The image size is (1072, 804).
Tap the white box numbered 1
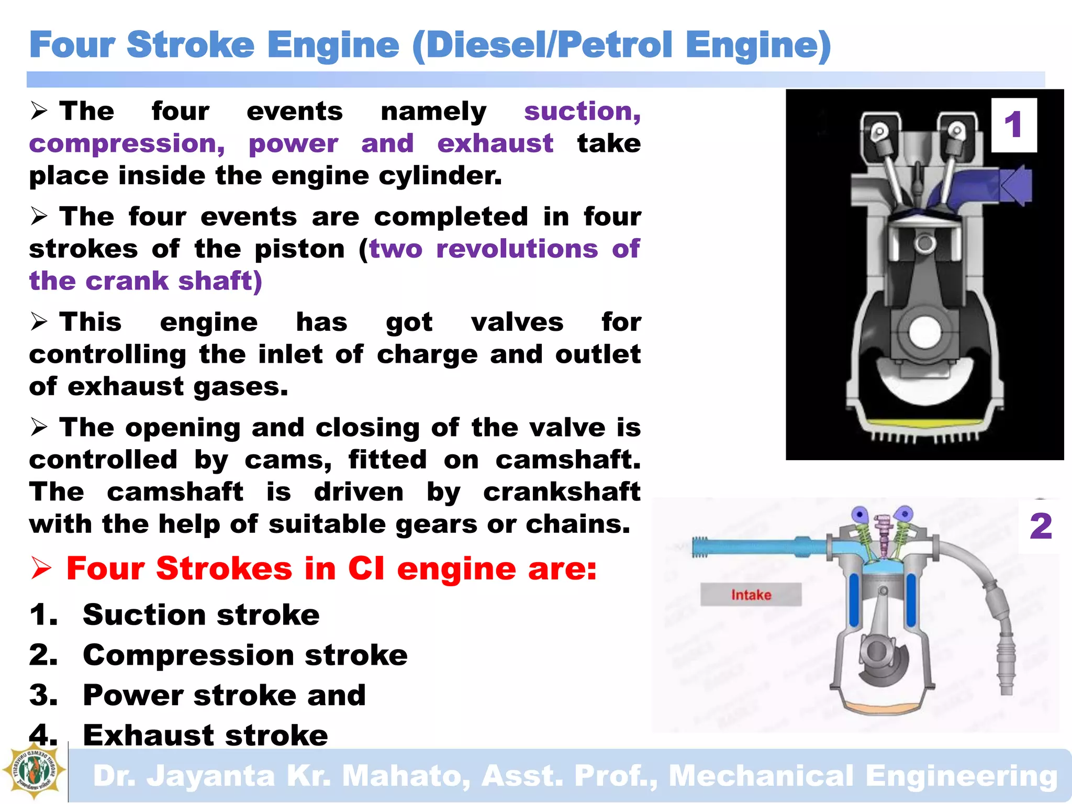point(1014,125)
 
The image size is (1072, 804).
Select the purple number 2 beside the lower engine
point(1040,526)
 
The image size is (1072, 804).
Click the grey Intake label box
point(751,595)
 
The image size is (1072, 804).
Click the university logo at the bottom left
point(34,770)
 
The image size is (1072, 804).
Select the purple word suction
point(582,111)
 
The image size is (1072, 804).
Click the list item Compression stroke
point(245,655)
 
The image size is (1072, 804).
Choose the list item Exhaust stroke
point(205,735)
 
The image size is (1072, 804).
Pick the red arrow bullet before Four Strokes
point(41,568)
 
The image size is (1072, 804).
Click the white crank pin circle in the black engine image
point(925,332)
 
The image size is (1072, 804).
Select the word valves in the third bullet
point(517,322)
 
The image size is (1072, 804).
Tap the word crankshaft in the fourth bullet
point(562,492)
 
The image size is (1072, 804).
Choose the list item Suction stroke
point(201,615)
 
